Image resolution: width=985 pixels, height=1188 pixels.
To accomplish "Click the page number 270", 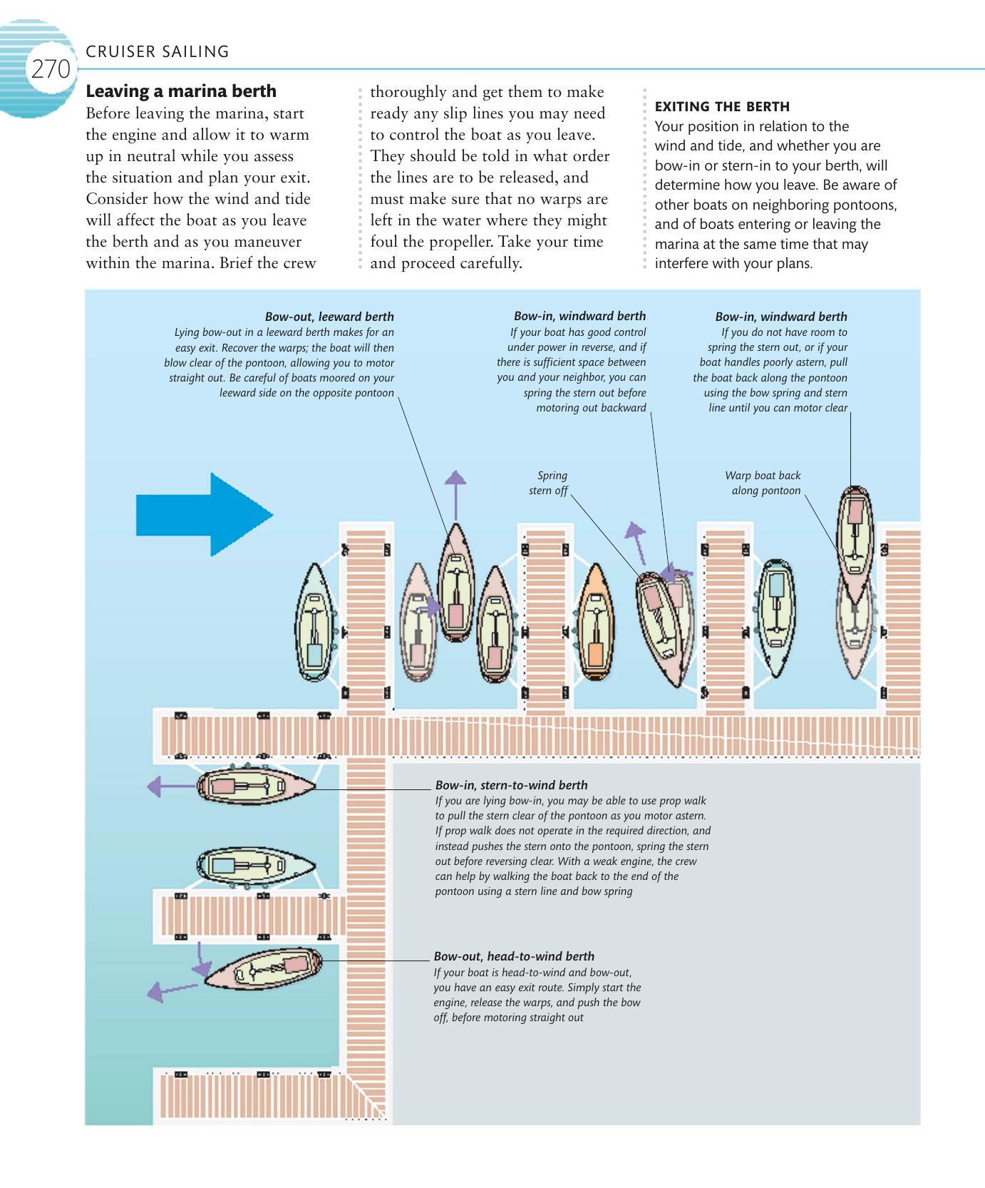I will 51,69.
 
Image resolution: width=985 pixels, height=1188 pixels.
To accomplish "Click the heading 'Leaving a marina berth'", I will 181,91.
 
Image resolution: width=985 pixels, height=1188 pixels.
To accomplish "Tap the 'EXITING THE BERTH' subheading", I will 722,107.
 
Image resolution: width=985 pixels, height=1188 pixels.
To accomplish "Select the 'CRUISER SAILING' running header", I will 157,51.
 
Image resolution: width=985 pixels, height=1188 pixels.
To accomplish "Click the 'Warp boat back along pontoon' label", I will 763,483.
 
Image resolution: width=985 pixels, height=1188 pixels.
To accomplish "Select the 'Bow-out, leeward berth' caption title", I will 329,317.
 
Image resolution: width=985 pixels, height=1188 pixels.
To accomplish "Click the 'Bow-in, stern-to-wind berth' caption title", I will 511,785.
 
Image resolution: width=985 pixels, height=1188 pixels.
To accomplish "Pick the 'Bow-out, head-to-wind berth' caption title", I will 513,956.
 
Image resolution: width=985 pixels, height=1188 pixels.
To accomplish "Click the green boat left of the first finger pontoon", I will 314,622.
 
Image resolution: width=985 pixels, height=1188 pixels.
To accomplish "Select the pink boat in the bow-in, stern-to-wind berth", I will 255,787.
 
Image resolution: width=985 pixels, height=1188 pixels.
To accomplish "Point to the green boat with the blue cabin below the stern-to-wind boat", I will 255,866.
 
